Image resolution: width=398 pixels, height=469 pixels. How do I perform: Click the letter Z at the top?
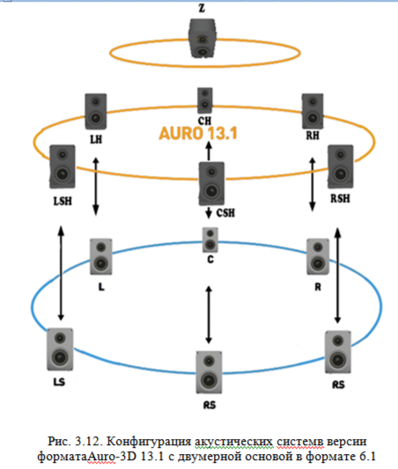(x=202, y=8)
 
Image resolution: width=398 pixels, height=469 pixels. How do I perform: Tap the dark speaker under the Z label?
(x=202, y=38)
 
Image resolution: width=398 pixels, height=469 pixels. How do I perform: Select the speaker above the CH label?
(x=204, y=100)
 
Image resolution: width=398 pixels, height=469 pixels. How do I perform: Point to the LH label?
(x=96, y=139)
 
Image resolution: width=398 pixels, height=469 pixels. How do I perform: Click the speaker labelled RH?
(x=313, y=111)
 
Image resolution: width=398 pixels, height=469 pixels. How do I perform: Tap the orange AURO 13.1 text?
(x=198, y=133)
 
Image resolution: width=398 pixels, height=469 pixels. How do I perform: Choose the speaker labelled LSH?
(x=63, y=167)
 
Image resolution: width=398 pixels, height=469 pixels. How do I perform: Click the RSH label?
(x=340, y=198)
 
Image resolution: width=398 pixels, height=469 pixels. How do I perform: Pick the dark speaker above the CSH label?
(x=211, y=183)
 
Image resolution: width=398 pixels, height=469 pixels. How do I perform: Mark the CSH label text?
(x=225, y=213)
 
